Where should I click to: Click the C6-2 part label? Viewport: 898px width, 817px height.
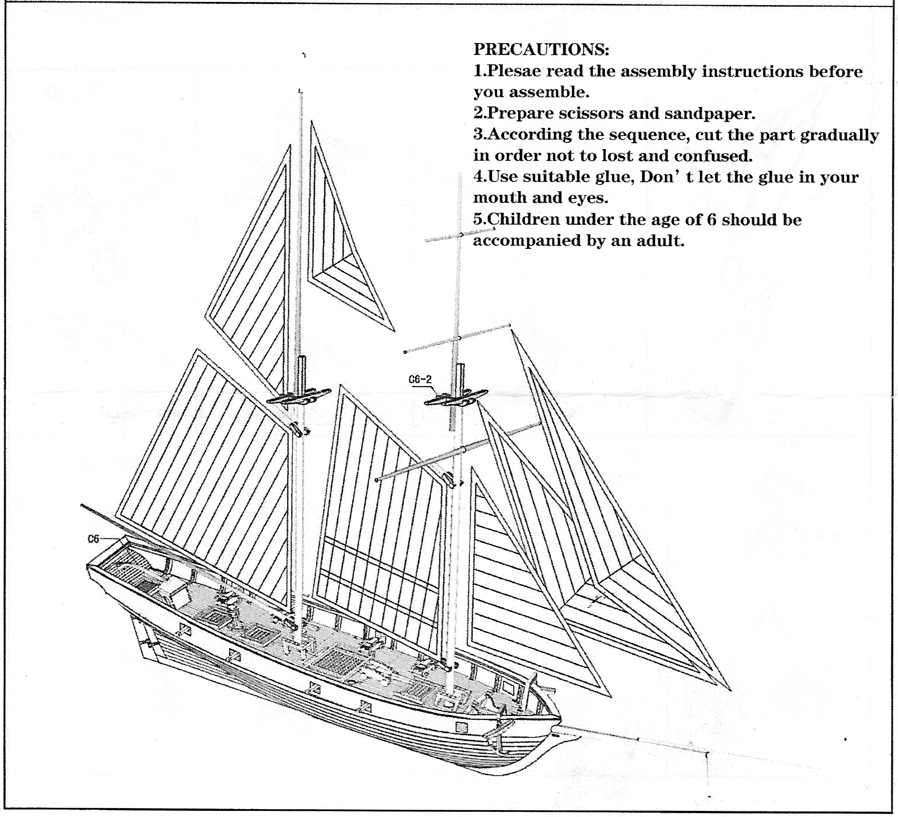pyautogui.click(x=420, y=379)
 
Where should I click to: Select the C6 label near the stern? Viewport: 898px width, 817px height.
pyautogui.click(x=93, y=539)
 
